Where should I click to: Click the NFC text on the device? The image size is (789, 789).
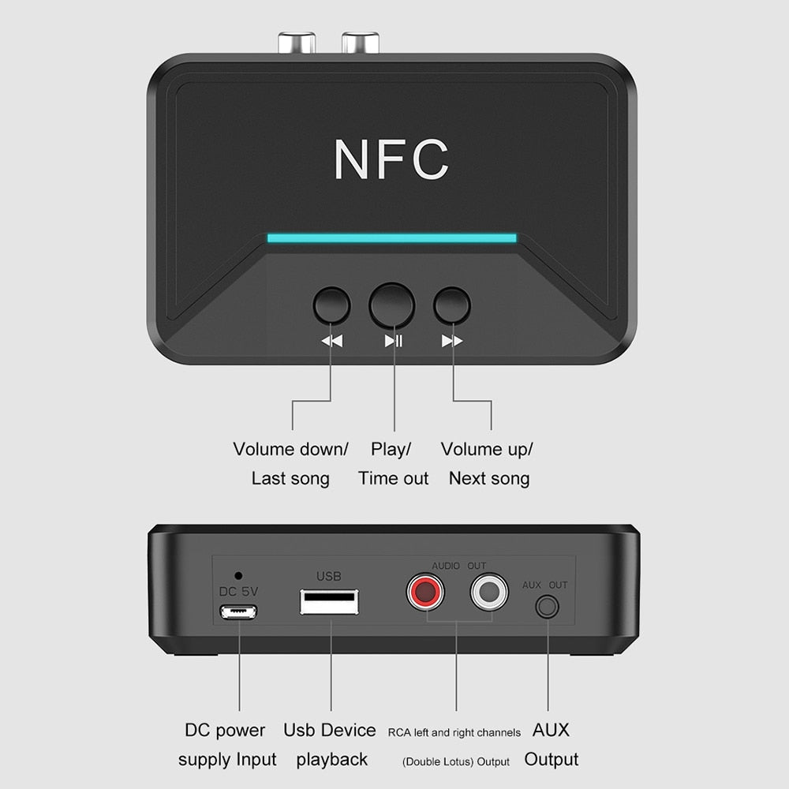[x=391, y=159]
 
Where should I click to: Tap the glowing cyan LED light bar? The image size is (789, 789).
[x=391, y=237]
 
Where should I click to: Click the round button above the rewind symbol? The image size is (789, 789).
[x=331, y=305]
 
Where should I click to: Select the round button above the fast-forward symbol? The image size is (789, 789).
[x=452, y=305]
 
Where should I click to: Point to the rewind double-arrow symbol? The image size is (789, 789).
[x=331, y=341]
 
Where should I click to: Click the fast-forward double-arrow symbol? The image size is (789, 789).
[x=452, y=341]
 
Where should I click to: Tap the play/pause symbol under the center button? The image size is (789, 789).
[x=393, y=341]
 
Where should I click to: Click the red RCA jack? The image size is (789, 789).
[x=425, y=591]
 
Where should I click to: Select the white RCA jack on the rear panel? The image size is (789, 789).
[x=489, y=591]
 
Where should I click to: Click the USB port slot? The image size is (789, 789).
[x=329, y=601]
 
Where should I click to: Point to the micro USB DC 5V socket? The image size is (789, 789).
[x=238, y=612]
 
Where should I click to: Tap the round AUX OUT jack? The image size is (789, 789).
[x=547, y=607]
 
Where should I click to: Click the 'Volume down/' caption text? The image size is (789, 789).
[x=290, y=450]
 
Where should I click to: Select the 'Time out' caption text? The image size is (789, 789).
[x=393, y=478]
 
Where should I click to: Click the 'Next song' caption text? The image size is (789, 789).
[x=489, y=478]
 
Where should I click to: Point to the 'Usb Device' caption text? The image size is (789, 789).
[x=330, y=730]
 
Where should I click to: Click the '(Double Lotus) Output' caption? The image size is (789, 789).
[x=456, y=761]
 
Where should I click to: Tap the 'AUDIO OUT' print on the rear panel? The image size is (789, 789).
[x=458, y=566]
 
